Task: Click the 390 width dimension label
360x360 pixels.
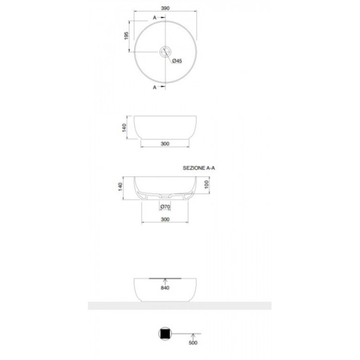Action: [x=165, y=8]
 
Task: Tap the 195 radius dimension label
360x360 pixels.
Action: [x=126, y=36]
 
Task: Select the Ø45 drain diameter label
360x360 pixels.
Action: [x=177, y=61]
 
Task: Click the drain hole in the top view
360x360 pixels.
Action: [x=165, y=52]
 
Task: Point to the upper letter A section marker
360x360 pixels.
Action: [x=154, y=18]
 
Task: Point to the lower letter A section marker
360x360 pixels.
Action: [x=154, y=87]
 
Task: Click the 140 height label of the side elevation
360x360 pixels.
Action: [x=124, y=128]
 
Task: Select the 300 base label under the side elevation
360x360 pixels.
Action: [x=165, y=144]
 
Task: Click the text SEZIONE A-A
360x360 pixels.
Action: [x=199, y=168]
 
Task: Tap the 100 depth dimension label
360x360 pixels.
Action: [x=207, y=184]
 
